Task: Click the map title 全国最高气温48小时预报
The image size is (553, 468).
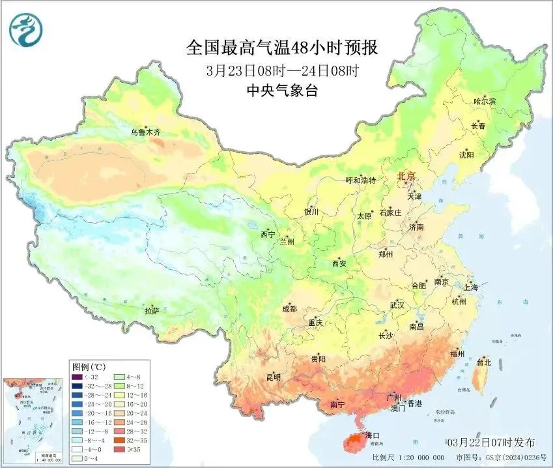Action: [x=282, y=47]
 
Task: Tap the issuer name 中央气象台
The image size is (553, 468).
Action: [x=282, y=91]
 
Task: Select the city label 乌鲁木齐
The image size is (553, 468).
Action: [x=145, y=132]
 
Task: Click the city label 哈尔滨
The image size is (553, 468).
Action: [x=484, y=102]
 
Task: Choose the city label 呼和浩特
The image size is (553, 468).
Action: [x=360, y=181]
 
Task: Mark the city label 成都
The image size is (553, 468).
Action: [x=289, y=309]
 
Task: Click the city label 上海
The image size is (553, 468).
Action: [x=470, y=287]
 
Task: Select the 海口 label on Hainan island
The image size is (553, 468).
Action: [x=372, y=435]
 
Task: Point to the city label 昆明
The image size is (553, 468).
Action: [x=274, y=377]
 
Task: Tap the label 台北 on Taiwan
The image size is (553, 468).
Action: [x=484, y=362]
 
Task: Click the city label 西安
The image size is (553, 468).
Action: [x=339, y=263]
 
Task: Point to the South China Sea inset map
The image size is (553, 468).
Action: [x=33, y=418]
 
